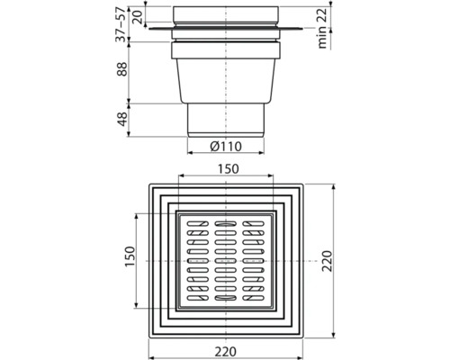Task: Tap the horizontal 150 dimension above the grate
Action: (225, 168)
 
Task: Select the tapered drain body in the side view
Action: (225, 72)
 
